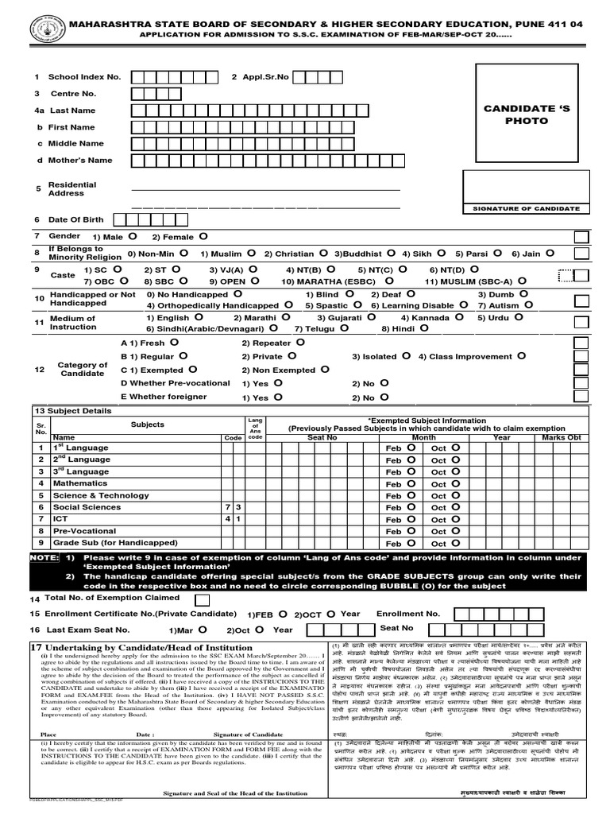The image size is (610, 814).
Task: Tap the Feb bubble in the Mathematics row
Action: pyautogui.click(x=411, y=483)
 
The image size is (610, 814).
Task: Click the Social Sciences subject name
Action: pyautogui.click(x=87, y=506)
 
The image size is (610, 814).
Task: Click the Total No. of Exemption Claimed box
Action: pyautogui.click(x=202, y=599)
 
